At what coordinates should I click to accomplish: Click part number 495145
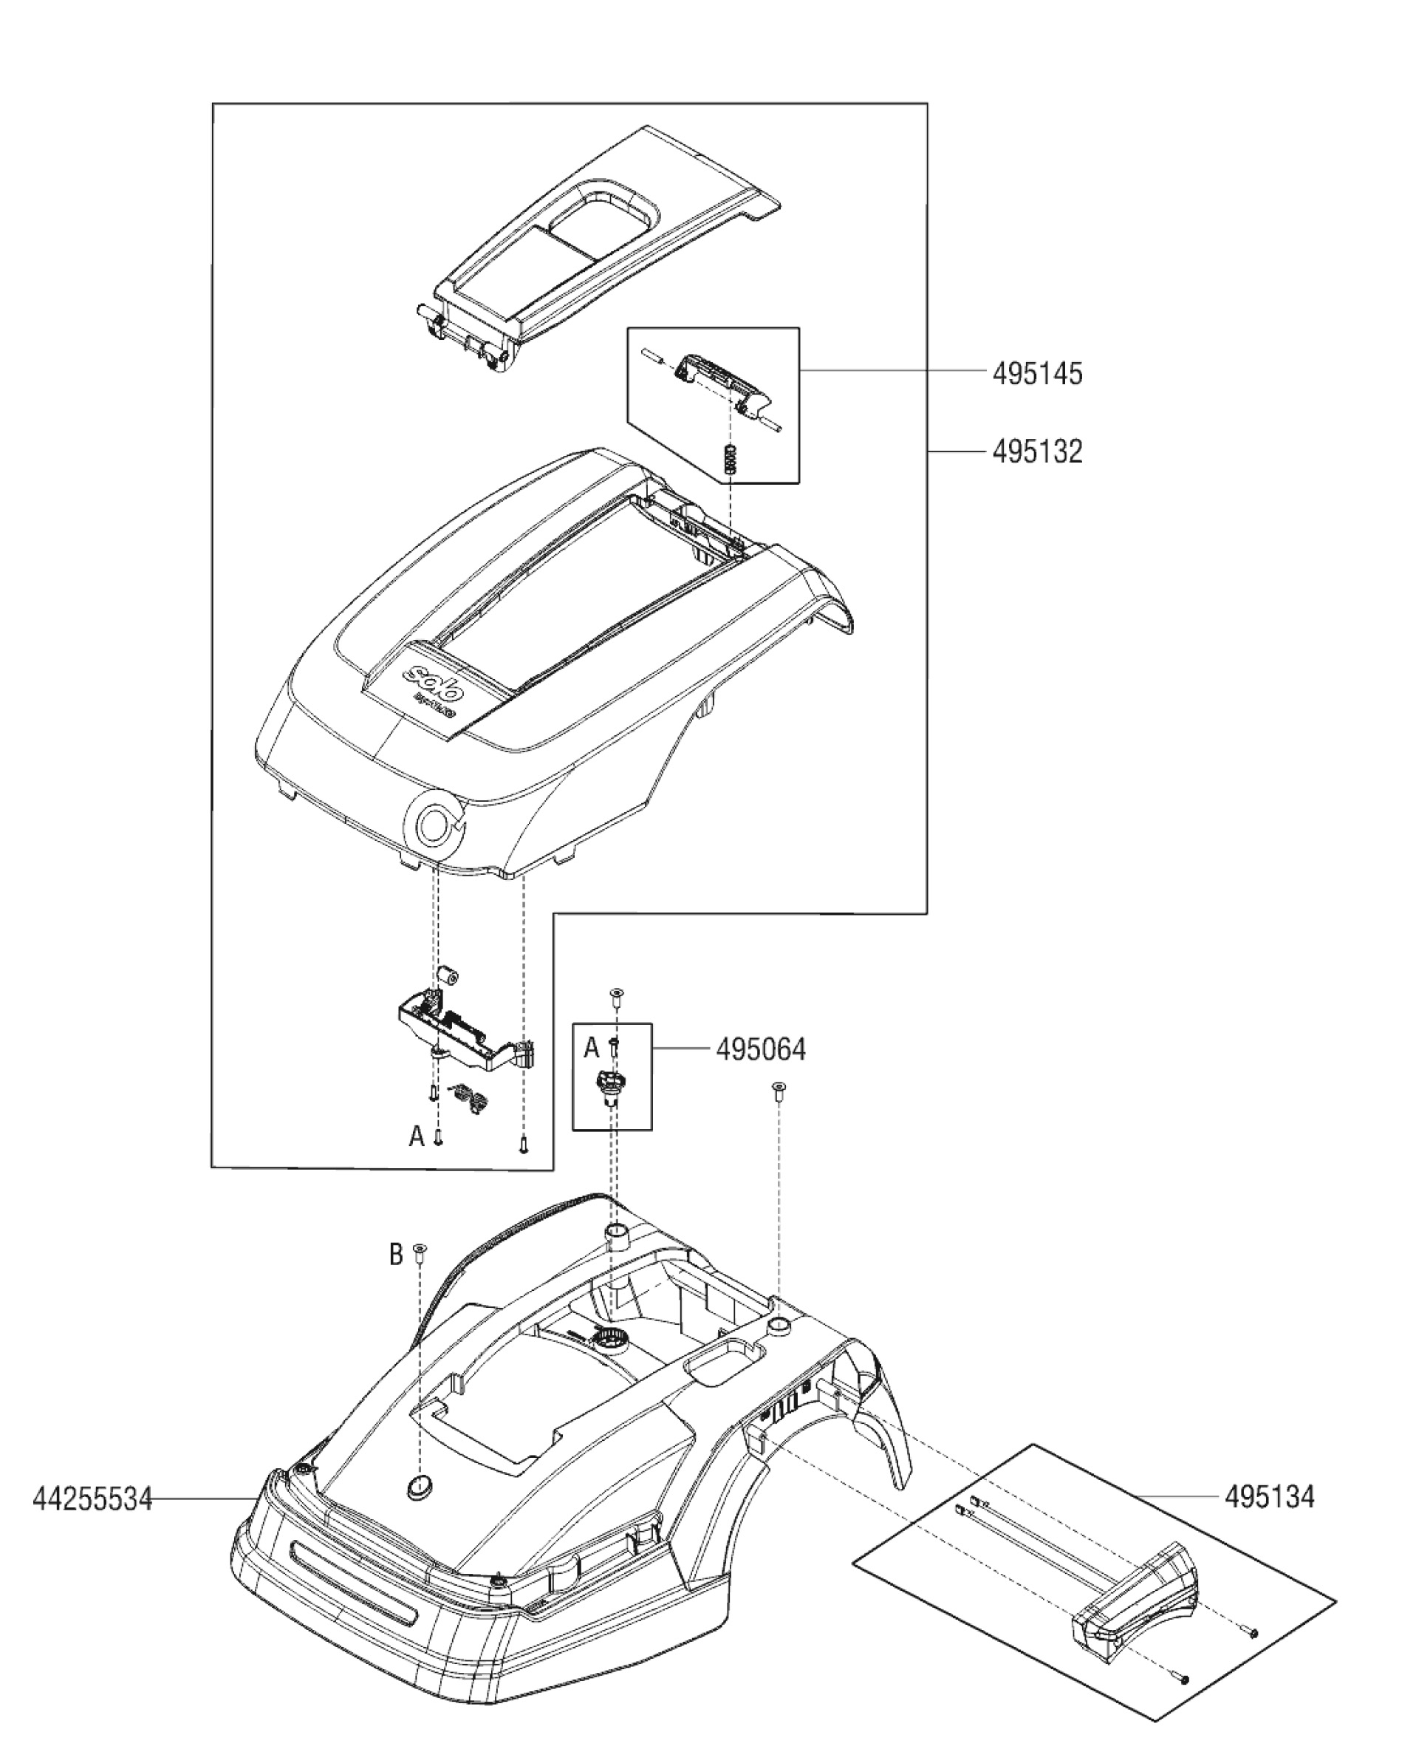point(1038,375)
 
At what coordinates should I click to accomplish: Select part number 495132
point(1038,451)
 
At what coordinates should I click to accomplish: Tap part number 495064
point(760,1049)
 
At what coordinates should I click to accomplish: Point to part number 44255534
point(92,1499)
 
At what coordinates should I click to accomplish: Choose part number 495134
point(1269,1496)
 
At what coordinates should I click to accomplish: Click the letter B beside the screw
point(397,1255)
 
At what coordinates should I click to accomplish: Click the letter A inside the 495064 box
point(592,1049)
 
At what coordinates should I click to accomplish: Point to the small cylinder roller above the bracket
point(448,975)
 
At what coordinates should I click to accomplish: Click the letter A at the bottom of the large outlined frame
point(417,1136)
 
